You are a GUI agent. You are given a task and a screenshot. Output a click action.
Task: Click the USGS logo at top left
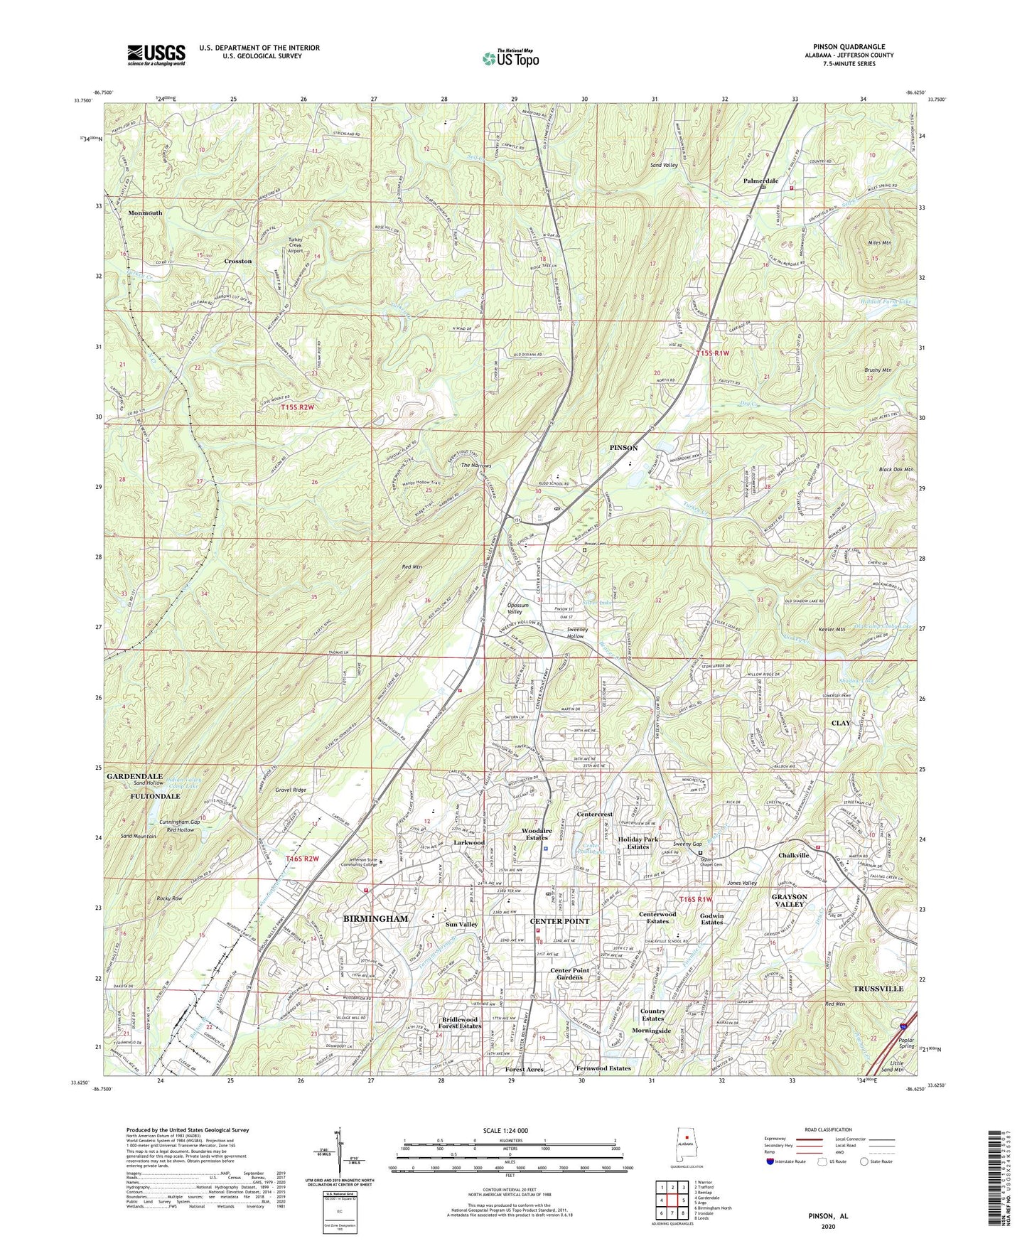tap(156, 55)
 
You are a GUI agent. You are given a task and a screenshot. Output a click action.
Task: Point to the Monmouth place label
tap(145, 213)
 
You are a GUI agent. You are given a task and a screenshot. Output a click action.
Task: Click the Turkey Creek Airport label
tap(295, 246)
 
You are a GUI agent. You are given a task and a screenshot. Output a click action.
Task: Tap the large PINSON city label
tap(623, 448)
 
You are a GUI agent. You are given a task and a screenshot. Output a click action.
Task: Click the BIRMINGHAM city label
tap(375, 918)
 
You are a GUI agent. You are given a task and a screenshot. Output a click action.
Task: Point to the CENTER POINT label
tap(560, 921)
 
